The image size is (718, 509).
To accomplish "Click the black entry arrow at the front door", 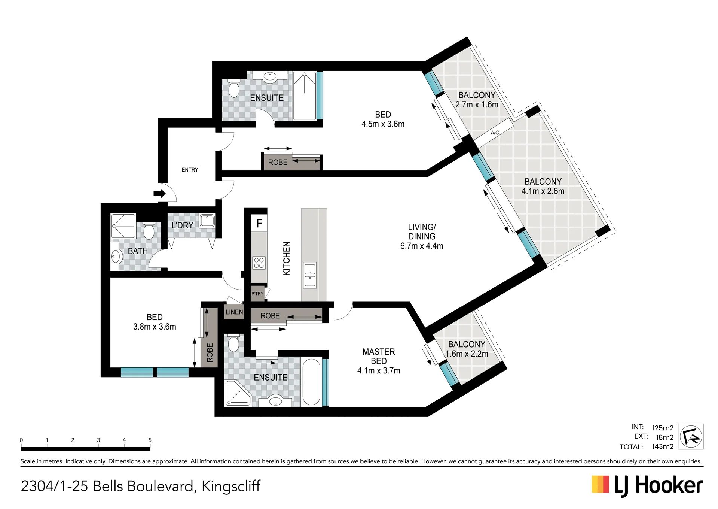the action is pos(159,194).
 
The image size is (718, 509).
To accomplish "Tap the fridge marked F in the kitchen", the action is pos(259,224).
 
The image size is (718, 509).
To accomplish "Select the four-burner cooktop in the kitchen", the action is pos(259,263).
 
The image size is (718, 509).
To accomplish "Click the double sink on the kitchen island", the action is pos(310,275).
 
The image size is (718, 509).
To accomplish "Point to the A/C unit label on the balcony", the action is pos(495,133).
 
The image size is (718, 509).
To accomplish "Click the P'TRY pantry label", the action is pos(257,294).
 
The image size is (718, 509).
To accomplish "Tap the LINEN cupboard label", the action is pos(234,312).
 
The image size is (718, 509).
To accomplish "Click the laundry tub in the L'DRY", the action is pos(207,221).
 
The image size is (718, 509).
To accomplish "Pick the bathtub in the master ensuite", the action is pos(311,382).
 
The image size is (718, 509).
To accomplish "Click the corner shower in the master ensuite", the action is pos(238,393).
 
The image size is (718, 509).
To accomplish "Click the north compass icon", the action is pos(691,436).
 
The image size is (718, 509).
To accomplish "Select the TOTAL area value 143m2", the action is pos(663,446).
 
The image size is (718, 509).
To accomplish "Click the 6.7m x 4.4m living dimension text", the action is pos(422,246).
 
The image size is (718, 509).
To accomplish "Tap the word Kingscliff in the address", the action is pos(231,486).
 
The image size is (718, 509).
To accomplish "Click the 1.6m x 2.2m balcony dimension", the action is pos(467,354).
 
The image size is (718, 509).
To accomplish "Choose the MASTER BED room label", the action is pos(379,356).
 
